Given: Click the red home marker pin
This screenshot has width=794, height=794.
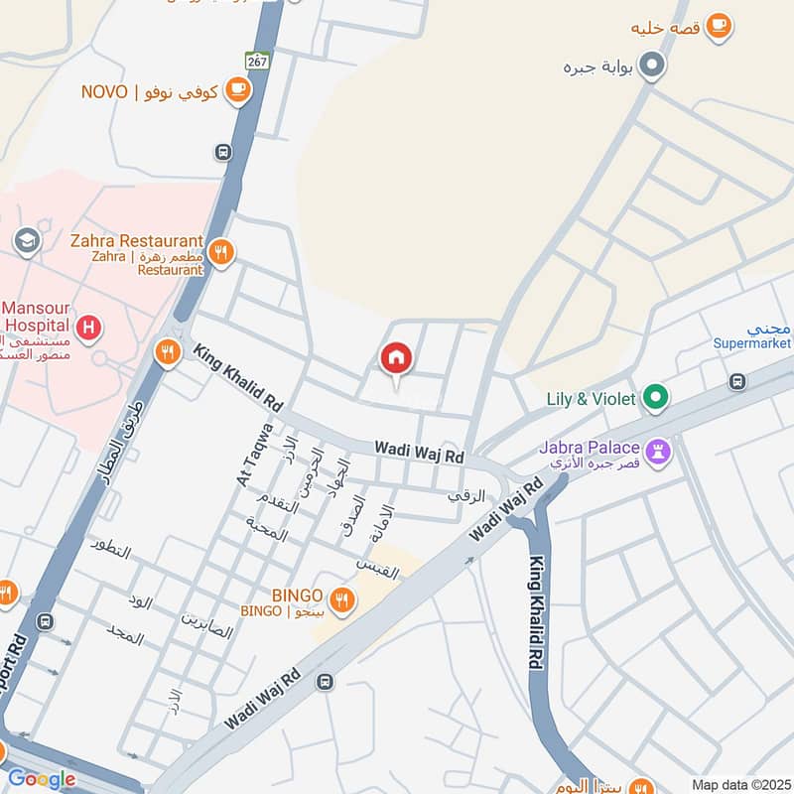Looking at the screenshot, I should coord(396,358).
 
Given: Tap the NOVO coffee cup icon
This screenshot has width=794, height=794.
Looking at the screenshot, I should coord(237,91).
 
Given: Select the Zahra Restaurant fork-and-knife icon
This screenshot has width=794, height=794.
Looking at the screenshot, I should coord(220,253).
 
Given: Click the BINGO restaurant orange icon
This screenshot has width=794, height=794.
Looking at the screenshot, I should coord(342,598).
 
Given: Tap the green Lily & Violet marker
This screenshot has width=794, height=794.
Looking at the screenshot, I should coord(654,399).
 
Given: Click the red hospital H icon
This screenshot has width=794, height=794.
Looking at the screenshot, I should coord(89,327).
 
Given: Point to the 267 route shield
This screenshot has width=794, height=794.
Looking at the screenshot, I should coord(258,62).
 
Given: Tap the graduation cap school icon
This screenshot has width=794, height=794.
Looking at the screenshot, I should coord(26,240).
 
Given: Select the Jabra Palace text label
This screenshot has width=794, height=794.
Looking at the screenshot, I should coord(591,448).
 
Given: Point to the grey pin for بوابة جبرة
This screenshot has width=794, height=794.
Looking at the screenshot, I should coord(652,66).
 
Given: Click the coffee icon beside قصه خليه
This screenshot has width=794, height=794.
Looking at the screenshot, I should coord(720,27).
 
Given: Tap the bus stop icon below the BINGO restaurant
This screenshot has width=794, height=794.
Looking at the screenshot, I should coord(325,681).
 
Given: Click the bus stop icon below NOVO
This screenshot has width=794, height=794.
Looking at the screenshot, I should coord(223,152).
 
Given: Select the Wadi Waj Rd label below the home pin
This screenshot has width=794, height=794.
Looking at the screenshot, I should coord(419,452).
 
